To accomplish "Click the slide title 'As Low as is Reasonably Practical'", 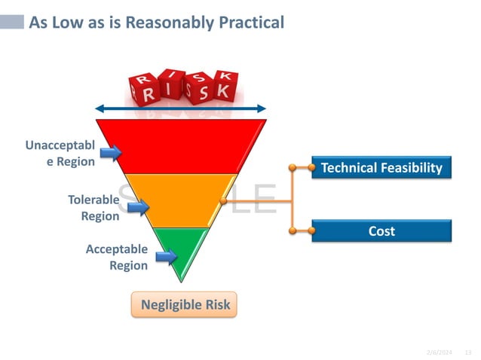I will tap(156, 23).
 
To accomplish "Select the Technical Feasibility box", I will tap(381, 167).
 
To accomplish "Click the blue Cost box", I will tap(381, 231).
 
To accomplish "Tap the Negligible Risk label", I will tap(185, 305).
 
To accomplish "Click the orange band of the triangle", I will tap(181, 200).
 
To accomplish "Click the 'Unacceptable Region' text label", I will tap(60, 153).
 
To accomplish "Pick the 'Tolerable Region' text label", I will tap(93, 208).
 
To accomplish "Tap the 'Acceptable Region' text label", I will tap(117, 257).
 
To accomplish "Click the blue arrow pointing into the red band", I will tap(111, 154).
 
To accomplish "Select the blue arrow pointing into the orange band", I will tap(137, 208).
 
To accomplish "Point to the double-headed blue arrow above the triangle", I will tap(181, 108).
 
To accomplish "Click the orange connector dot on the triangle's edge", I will tap(222, 202).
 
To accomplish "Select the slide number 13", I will tap(467, 352).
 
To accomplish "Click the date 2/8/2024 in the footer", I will tap(439, 352).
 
